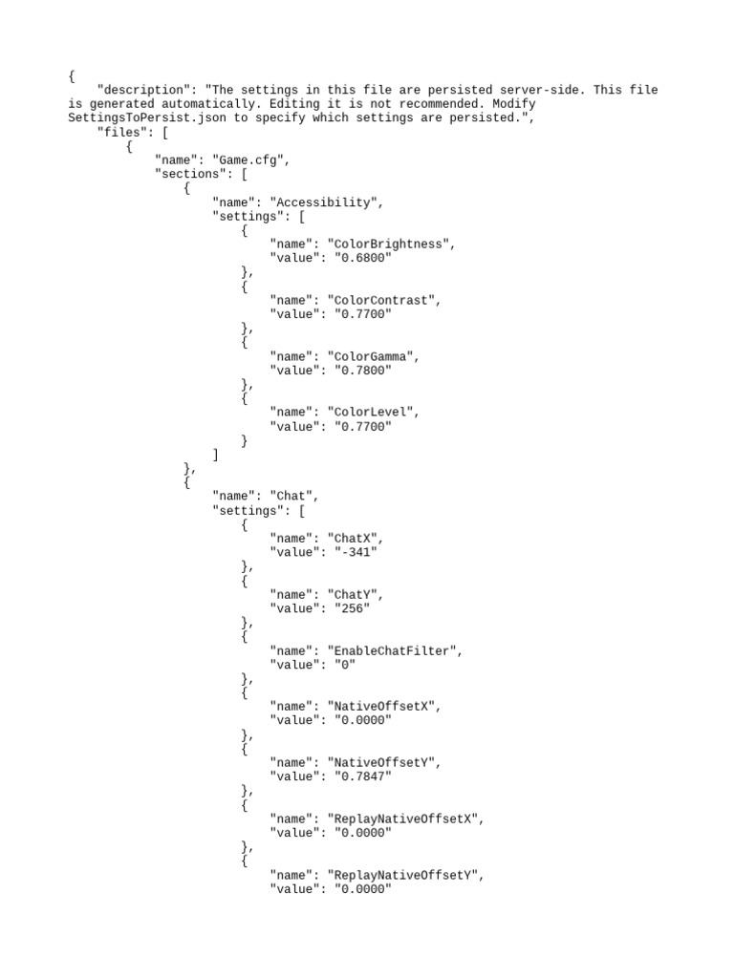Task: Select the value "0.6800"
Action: coord(362,258)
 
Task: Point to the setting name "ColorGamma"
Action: coord(373,356)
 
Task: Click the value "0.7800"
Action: coord(362,371)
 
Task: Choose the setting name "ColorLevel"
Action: coord(373,413)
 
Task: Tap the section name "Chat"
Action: coord(293,497)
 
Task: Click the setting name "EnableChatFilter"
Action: coord(395,651)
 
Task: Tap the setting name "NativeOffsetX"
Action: coord(383,707)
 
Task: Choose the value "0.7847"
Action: coord(362,777)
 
